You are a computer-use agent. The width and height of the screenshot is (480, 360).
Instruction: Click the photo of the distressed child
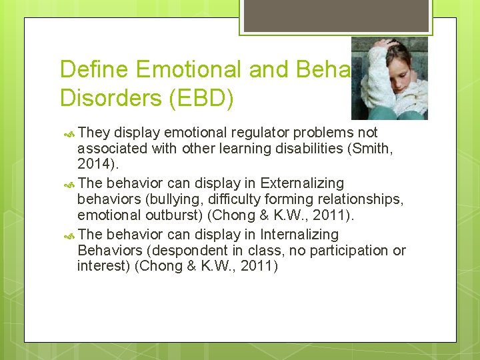[389, 78]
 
